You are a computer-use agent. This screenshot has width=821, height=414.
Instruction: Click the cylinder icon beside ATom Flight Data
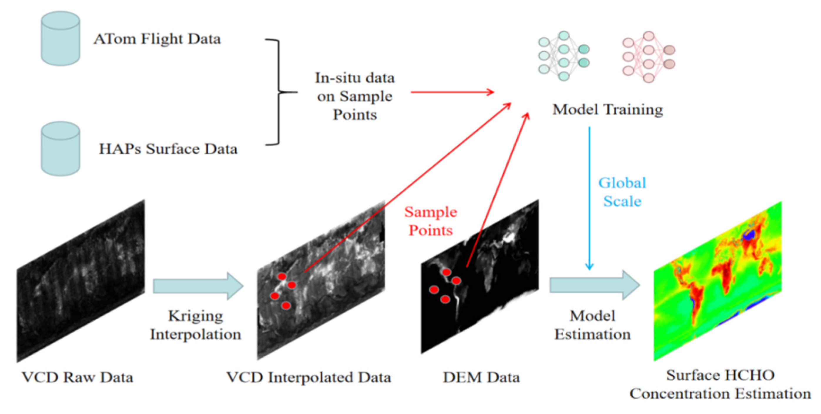point(60,38)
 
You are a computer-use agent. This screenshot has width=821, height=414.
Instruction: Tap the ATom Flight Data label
point(157,39)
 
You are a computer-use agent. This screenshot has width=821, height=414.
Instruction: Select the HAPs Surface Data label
point(168,149)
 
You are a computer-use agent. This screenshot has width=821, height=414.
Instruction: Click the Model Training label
point(607,109)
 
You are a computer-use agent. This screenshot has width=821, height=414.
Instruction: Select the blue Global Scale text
point(622,192)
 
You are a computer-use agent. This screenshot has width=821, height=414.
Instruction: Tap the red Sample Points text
point(430,221)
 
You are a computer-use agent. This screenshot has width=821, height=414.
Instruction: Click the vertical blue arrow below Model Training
point(589,198)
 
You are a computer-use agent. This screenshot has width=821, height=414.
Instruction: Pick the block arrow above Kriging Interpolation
point(197,286)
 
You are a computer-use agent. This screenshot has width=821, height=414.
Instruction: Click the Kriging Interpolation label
point(195,325)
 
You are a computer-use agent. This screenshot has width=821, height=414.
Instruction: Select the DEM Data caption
point(481,377)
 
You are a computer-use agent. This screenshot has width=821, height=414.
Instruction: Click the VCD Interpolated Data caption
point(309,377)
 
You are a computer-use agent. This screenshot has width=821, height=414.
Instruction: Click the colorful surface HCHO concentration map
point(717,281)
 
